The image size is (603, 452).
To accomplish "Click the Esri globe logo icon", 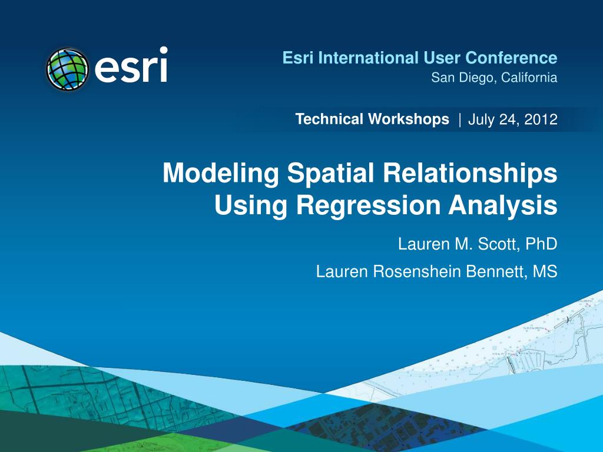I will coord(67,69).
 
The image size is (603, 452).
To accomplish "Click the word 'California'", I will coord(526,77).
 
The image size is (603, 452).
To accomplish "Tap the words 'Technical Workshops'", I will coord(372,119).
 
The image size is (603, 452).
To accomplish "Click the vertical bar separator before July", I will coord(459,120).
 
